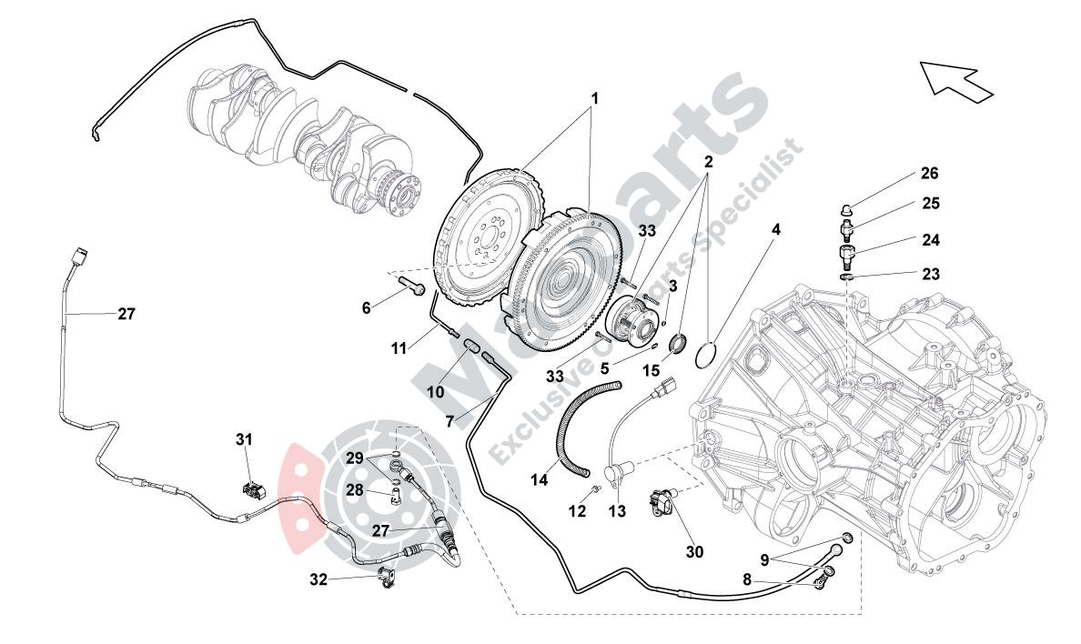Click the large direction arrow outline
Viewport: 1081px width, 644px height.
point(955,79)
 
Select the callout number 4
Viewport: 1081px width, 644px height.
point(775,231)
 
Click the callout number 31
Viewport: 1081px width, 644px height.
point(244,439)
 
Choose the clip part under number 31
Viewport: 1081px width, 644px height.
point(252,490)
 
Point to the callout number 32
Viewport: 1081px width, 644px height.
point(317,578)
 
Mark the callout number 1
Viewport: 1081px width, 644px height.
point(595,96)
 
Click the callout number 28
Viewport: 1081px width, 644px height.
point(353,490)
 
